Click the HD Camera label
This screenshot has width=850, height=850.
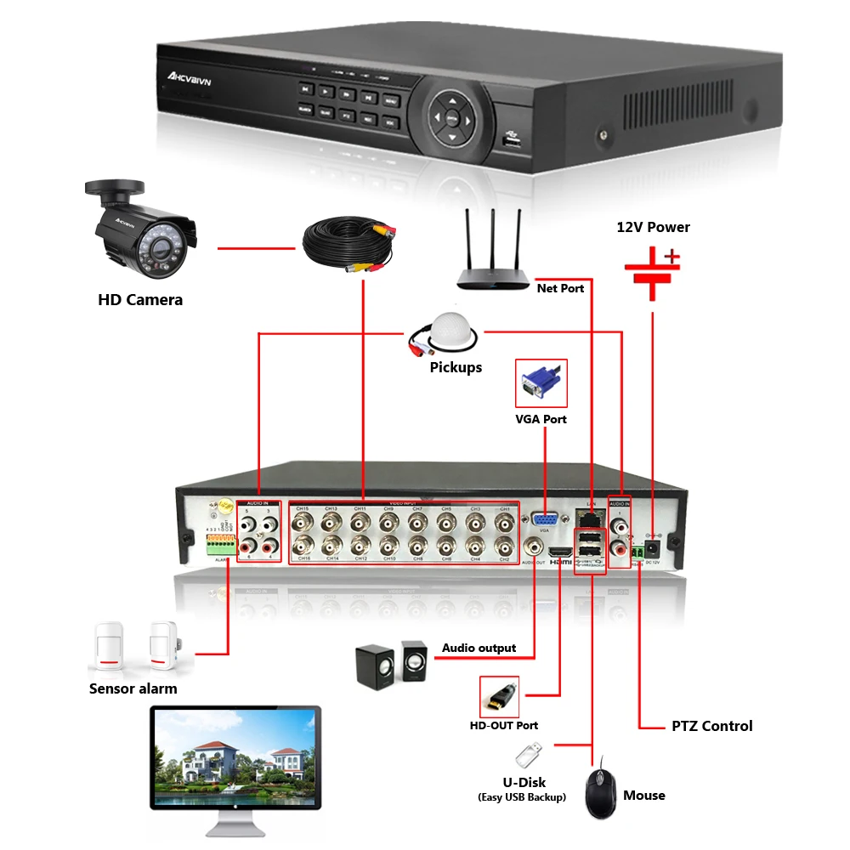[139, 299]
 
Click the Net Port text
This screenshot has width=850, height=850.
[560, 288]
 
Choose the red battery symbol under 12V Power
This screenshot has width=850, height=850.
[653, 272]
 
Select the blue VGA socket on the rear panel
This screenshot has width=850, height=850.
[544, 520]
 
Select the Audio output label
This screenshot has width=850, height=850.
[479, 649]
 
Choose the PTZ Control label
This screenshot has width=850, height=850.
[711, 726]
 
